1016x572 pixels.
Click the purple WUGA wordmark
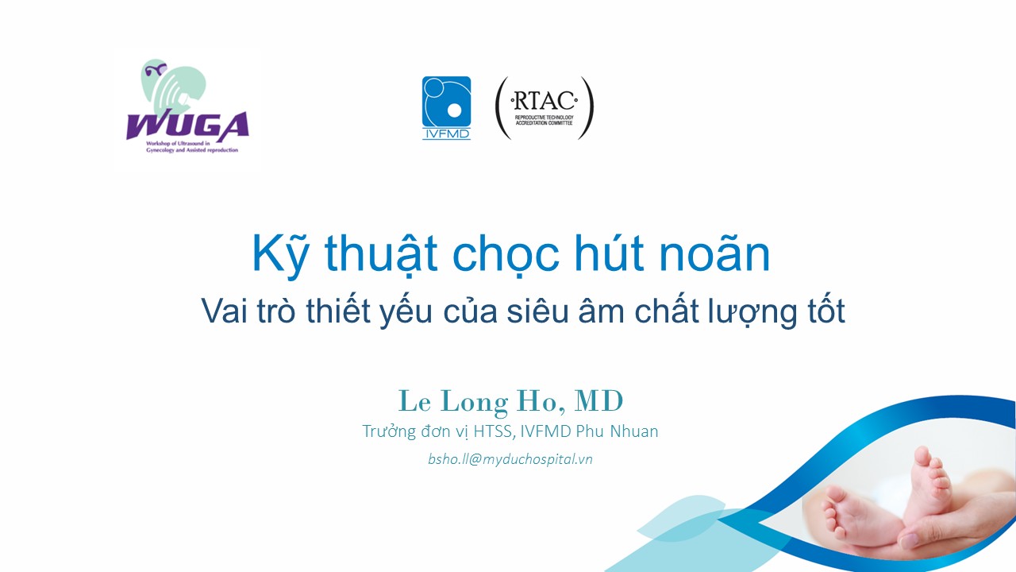pyautogui.click(x=187, y=126)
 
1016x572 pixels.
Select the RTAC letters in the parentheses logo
pyautogui.click(x=545, y=101)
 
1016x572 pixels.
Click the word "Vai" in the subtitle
pyautogui.click(x=225, y=311)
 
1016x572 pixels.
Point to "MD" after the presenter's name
pyautogui.click(x=598, y=401)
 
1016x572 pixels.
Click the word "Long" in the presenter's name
pyautogui.click(x=474, y=403)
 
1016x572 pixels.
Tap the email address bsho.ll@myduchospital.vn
pyautogui.click(x=510, y=459)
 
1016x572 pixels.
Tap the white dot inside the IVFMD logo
pyautogui.click(x=454, y=110)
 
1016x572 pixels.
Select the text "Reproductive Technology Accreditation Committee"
pyautogui.click(x=544, y=120)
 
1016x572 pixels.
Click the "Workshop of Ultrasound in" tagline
pyautogui.click(x=178, y=144)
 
